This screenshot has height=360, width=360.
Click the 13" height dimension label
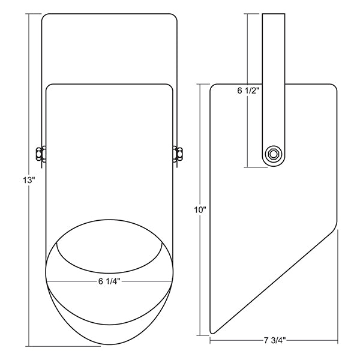pos(28,180)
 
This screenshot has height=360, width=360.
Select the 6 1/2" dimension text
pos(248,91)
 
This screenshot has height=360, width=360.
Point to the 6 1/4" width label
pos(109,281)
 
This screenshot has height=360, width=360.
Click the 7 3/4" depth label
pos(275,340)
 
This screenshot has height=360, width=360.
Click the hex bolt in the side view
pos(273,154)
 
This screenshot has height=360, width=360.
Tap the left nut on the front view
pos(41,154)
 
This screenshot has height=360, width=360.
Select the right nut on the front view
pos(178,154)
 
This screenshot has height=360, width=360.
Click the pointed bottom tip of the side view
pos(212,332)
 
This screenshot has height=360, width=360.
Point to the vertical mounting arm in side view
pos(274,90)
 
